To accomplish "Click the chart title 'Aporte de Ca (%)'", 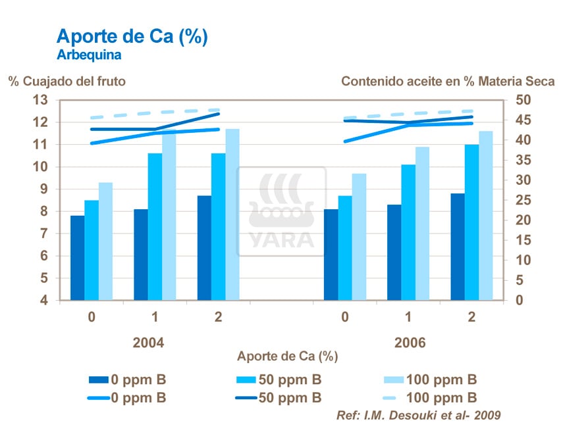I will click(132, 37).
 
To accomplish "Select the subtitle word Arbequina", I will click(89, 55).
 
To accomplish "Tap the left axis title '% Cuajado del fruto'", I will click(67, 82).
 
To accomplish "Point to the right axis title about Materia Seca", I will click(448, 82).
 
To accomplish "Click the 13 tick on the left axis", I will click(41, 100).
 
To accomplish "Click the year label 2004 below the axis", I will click(148, 343).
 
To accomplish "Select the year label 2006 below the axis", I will click(410, 343).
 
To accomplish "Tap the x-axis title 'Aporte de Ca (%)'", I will click(287, 357).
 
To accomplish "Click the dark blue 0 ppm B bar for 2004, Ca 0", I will click(77, 258).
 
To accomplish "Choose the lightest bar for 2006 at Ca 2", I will click(486, 216).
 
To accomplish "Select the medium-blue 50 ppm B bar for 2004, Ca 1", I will click(155, 227).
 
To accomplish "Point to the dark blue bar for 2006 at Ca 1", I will click(394, 253).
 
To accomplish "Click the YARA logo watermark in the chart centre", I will click(281, 211).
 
